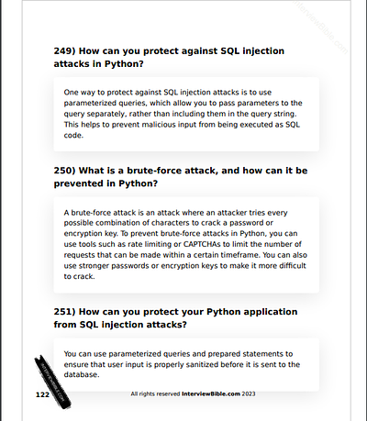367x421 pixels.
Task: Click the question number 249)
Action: (67, 50)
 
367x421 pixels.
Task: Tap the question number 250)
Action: (67, 170)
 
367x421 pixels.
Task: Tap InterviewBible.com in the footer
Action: (217, 393)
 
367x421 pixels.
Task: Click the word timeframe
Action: (247, 256)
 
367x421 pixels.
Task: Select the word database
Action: (82, 375)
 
